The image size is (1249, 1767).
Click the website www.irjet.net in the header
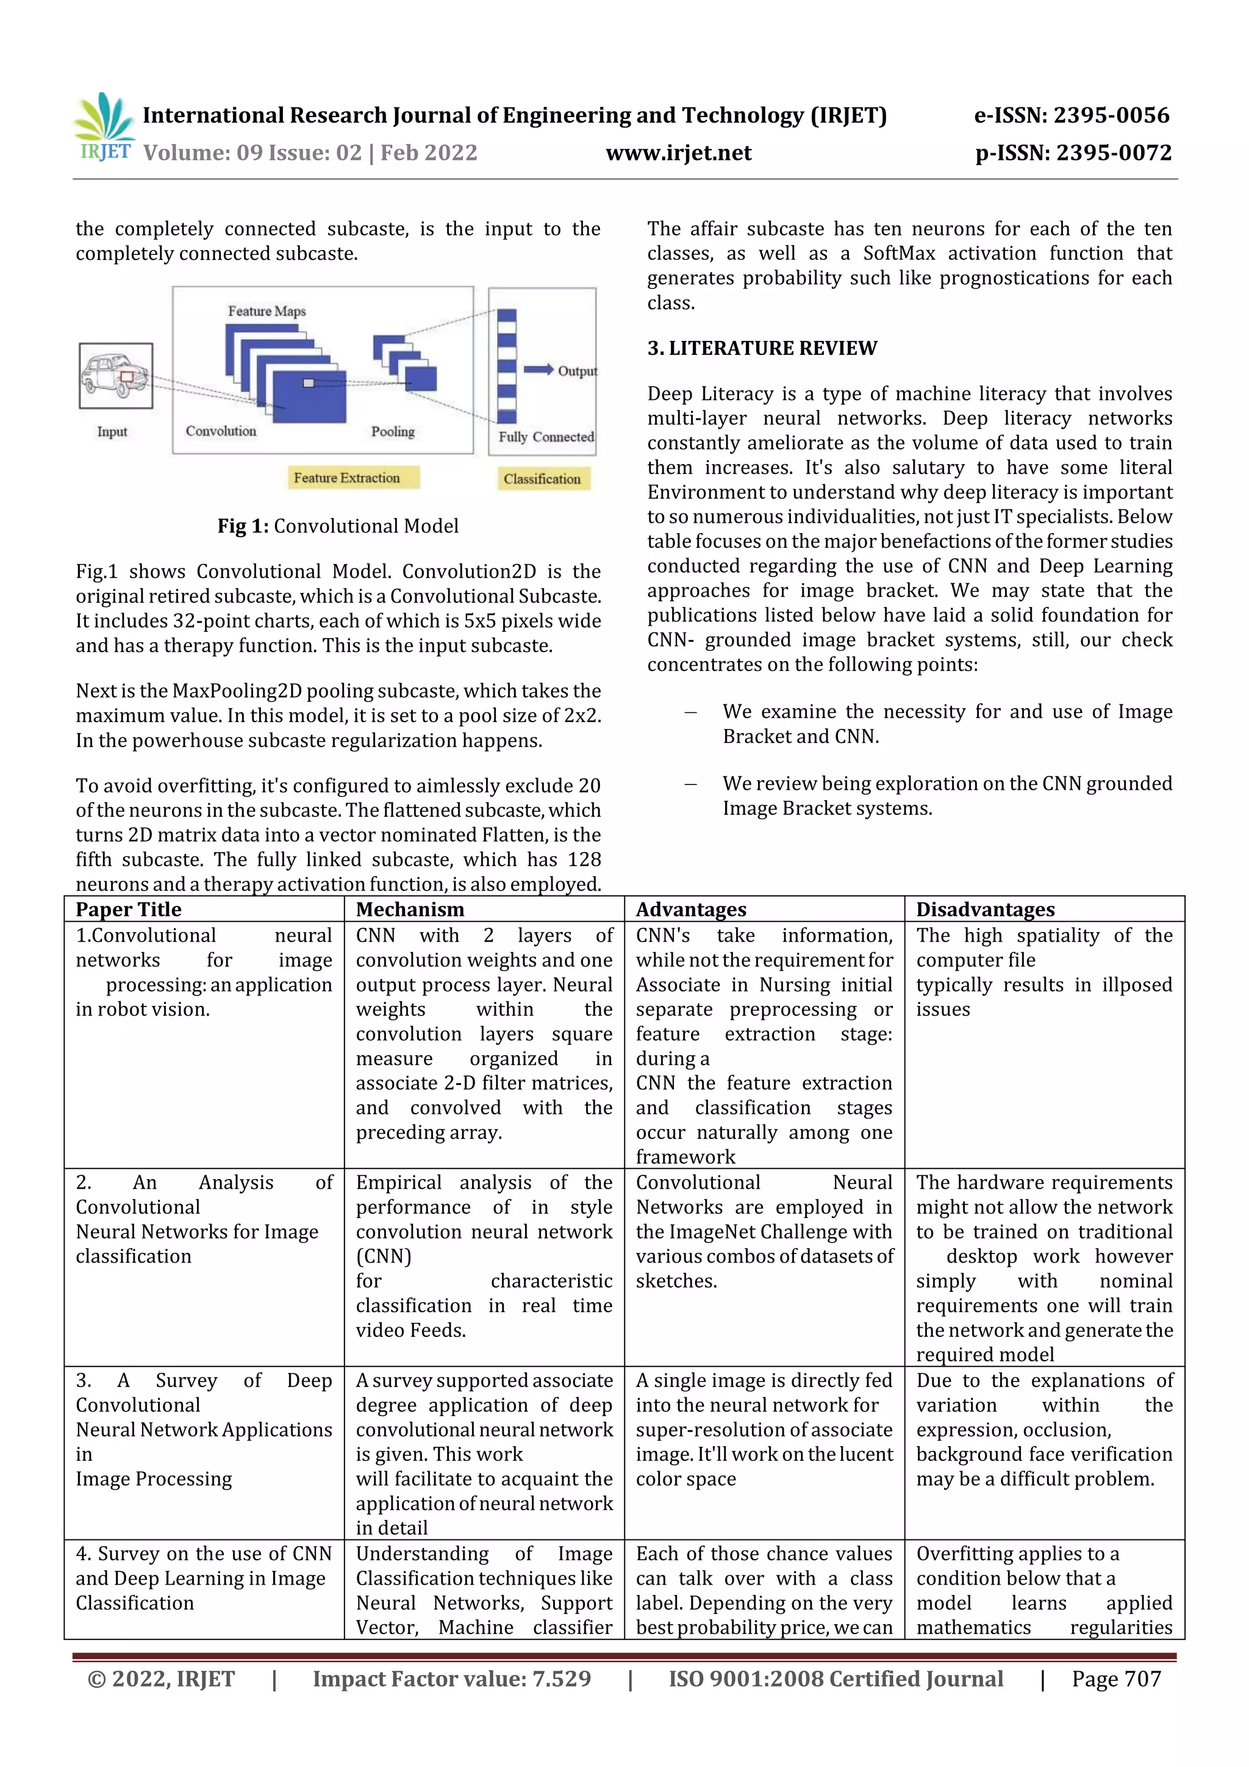(x=678, y=153)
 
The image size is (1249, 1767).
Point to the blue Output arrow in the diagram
(x=539, y=370)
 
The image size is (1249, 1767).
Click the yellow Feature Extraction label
(x=347, y=478)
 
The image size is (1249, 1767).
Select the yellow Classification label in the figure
(x=542, y=479)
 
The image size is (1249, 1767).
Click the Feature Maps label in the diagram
(x=267, y=311)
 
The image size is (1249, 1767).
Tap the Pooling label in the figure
(x=393, y=432)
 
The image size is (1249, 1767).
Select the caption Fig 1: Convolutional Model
(x=338, y=526)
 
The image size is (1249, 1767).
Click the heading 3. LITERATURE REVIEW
(x=761, y=349)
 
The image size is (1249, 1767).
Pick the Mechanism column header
(x=410, y=909)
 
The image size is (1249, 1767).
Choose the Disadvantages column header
(x=984, y=909)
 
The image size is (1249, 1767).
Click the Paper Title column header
(x=129, y=909)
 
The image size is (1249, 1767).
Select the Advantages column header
(x=690, y=909)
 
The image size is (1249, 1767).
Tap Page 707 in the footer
(x=1116, y=1679)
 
